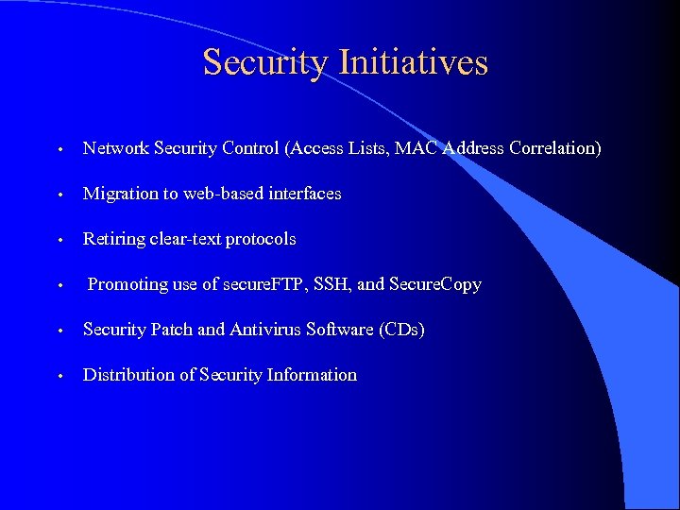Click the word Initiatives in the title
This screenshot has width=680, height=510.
click(x=413, y=62)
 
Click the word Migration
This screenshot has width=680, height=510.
click(x=121, y=194)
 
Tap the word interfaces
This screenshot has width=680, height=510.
click(x=302, y=194)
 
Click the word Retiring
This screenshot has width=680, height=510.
click(x=114, y=239)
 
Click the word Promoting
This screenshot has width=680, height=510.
click(x=127, y=284)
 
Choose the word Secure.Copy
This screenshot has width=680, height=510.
click(x=435, y=284)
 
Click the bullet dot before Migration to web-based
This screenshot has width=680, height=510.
click(x=59, y=195)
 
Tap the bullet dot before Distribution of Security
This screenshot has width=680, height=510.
click(x=59, y=377)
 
